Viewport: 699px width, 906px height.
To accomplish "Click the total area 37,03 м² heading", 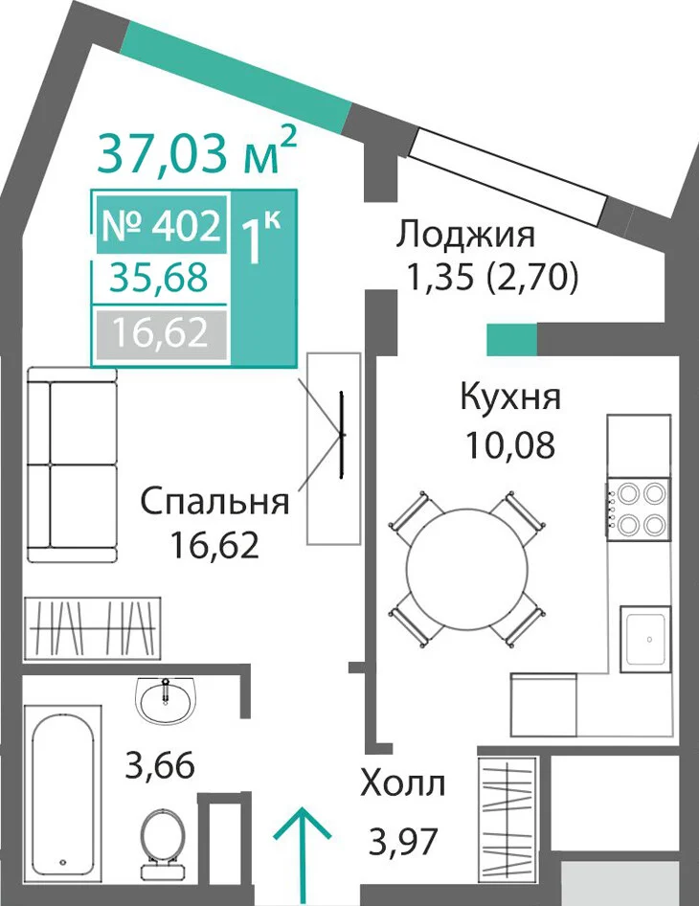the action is [x=197, y=151].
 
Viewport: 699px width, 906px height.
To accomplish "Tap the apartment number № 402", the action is [x=161, y=225].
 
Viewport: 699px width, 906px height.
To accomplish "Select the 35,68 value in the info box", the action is [x=159, y=278].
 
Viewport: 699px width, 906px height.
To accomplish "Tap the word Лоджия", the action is [x=465, y=237].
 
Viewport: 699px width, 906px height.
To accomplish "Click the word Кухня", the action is [x=510, y=397].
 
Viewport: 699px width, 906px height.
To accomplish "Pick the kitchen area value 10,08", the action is [x=510, y=445].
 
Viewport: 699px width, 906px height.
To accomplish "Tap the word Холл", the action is [x=403, y=784].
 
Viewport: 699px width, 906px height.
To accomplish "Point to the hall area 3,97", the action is [x=403, y=841].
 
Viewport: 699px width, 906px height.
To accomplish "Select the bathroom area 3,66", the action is [x=160, y=765].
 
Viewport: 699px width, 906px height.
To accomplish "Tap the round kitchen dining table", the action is [x=466, y=569].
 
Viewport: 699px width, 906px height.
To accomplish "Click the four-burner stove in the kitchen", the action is [x=639, y=510].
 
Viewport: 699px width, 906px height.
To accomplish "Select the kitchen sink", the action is [x=645, y=639].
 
